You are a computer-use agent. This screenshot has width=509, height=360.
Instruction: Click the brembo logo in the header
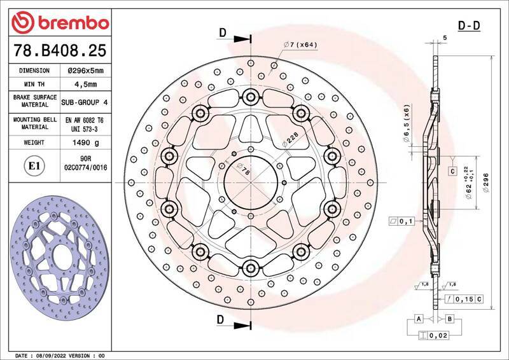pos(60,22)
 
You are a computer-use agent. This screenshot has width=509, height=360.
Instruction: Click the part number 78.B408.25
pos(60,50)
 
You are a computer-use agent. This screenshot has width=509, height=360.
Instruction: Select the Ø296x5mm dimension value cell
pos(86,71)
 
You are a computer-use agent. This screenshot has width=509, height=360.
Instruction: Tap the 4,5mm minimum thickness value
pos(86,85)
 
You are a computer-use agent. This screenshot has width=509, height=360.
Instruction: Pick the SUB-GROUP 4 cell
pos(85,102)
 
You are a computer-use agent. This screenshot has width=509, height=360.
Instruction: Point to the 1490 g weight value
pos(86,142)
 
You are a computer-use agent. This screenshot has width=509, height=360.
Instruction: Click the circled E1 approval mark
pos(34,166)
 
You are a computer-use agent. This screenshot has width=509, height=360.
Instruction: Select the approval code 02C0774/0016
pos(86,168)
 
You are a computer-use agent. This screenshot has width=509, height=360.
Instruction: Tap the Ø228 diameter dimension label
pos(289,139)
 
